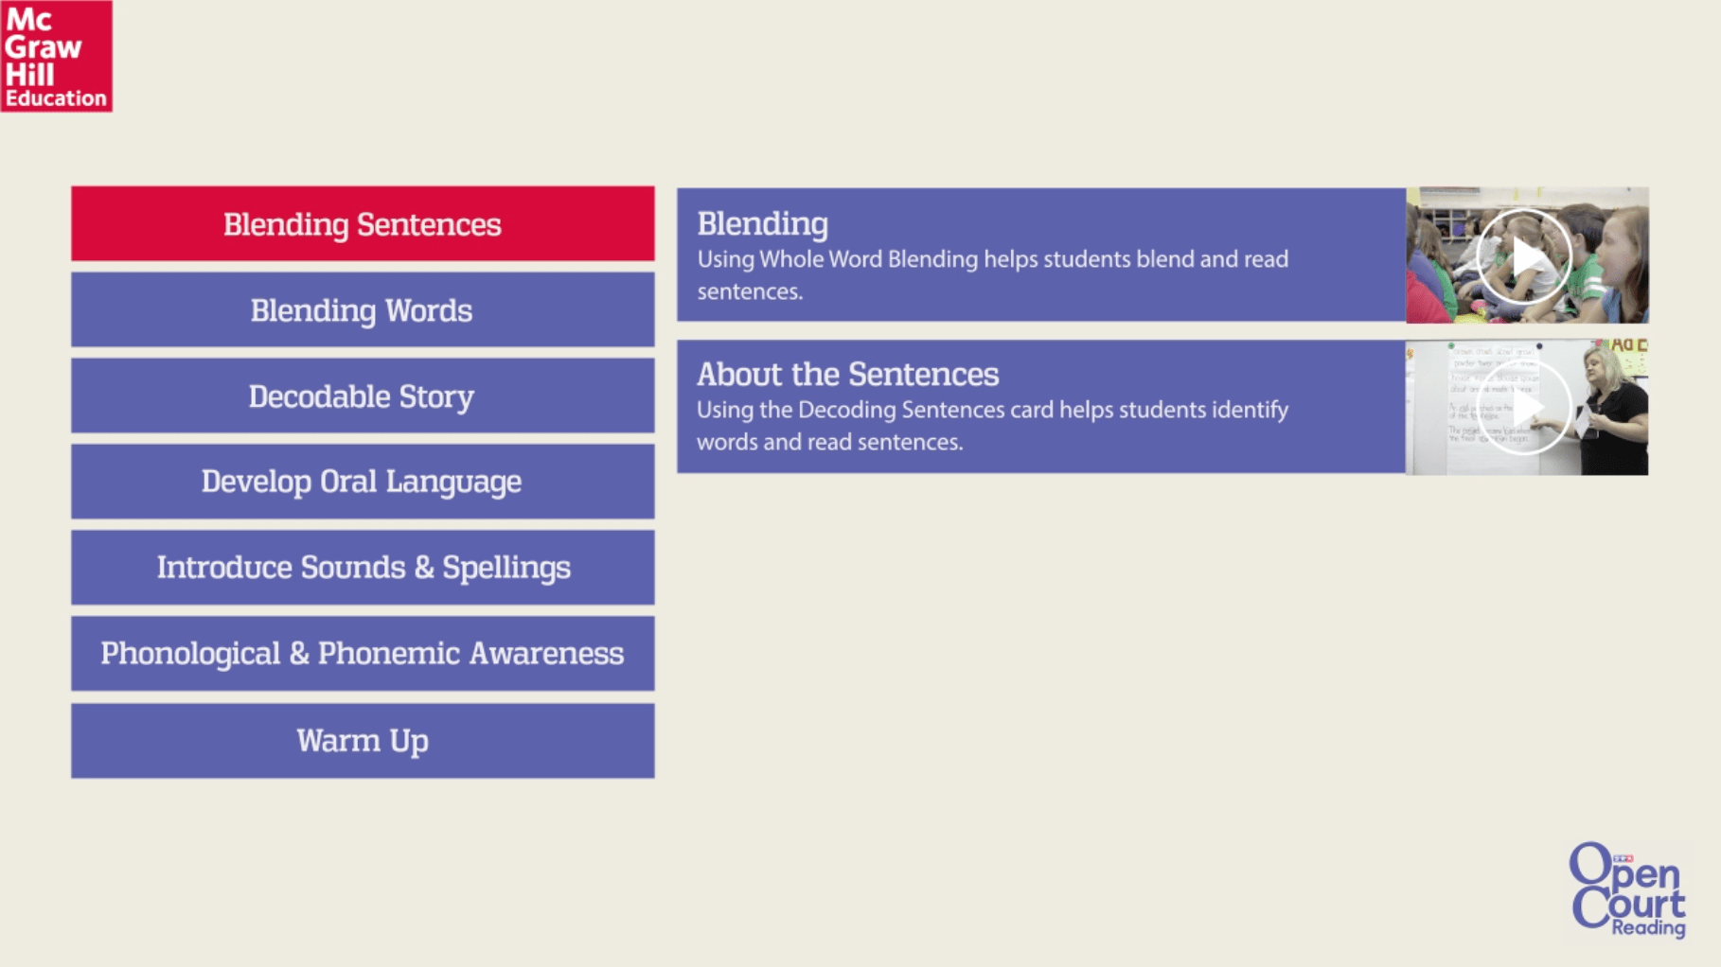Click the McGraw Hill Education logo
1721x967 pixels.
(57, 56)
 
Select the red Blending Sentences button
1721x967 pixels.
(363, 223)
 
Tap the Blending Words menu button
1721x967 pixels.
(363, 309)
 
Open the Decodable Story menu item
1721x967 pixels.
(363, 396)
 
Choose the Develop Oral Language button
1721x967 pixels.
(363, 482)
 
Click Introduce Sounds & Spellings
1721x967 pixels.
(363, 568)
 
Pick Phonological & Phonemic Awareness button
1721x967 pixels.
(363, 654)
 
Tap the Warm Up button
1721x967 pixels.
(363, 741)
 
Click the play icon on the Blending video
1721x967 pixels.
(1524, 256)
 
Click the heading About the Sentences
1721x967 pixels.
(847, 374)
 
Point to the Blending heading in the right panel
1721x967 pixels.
(762, 224)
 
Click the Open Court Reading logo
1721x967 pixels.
(1628, 889)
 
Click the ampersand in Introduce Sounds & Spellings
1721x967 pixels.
(424, 568)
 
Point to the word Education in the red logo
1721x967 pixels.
(56, 98)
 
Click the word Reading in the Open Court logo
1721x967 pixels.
(1649, 927)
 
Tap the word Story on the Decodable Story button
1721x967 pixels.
(436, 396)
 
